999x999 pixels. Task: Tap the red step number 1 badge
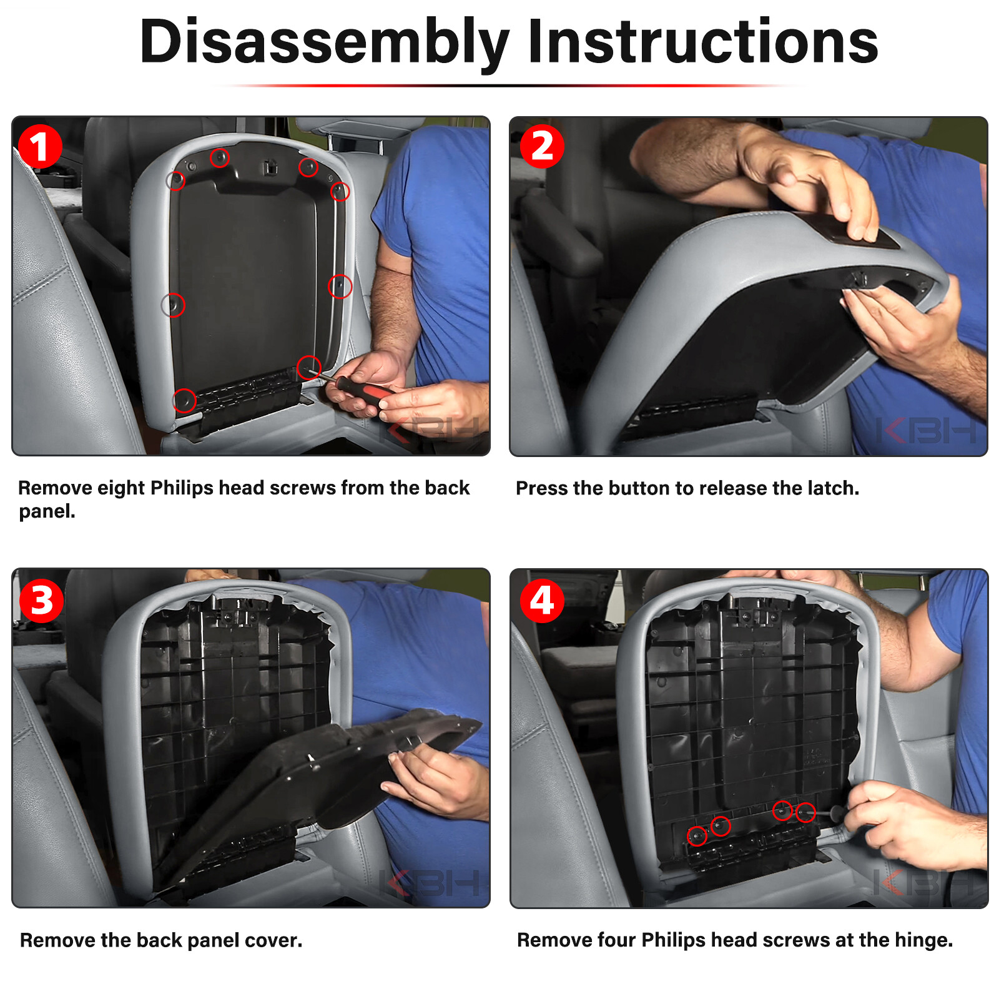tap(40, 147)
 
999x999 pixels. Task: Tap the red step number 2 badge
tap(542, 147)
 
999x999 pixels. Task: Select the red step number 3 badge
tap(41, 601)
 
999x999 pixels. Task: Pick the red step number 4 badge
tap(542, 601)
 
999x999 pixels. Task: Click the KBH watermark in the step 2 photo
tap(926, 431)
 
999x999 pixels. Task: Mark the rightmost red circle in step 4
tap(805, 812)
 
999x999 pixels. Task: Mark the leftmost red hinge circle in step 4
tap(697, 835)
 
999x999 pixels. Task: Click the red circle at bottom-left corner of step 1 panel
tap(184, 400)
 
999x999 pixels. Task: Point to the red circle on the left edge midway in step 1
tap(173, 305)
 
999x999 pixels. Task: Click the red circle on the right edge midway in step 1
tap(340, 287)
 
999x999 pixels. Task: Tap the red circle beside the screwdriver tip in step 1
tap(309, 368)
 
